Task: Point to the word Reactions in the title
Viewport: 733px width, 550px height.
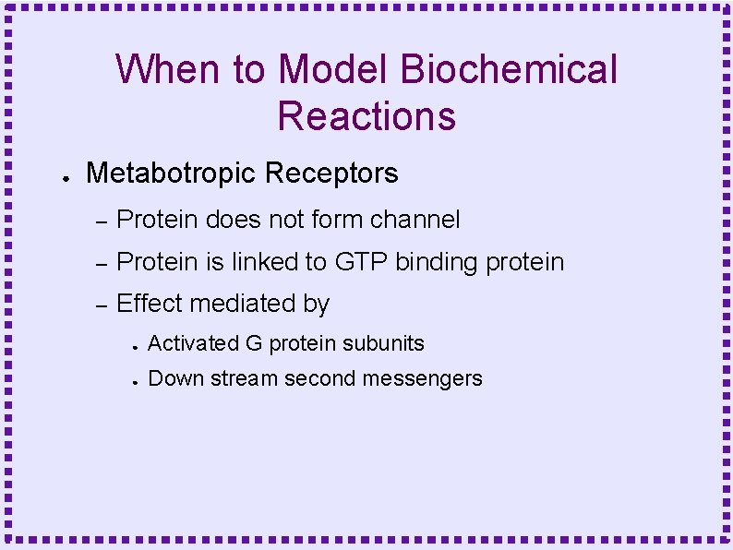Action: coord(366,116)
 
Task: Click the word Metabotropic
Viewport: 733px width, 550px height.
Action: coord(171,173)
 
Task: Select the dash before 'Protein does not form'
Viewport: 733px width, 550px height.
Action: coord(102,221)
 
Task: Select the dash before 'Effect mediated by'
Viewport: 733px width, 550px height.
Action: coord(102,305)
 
